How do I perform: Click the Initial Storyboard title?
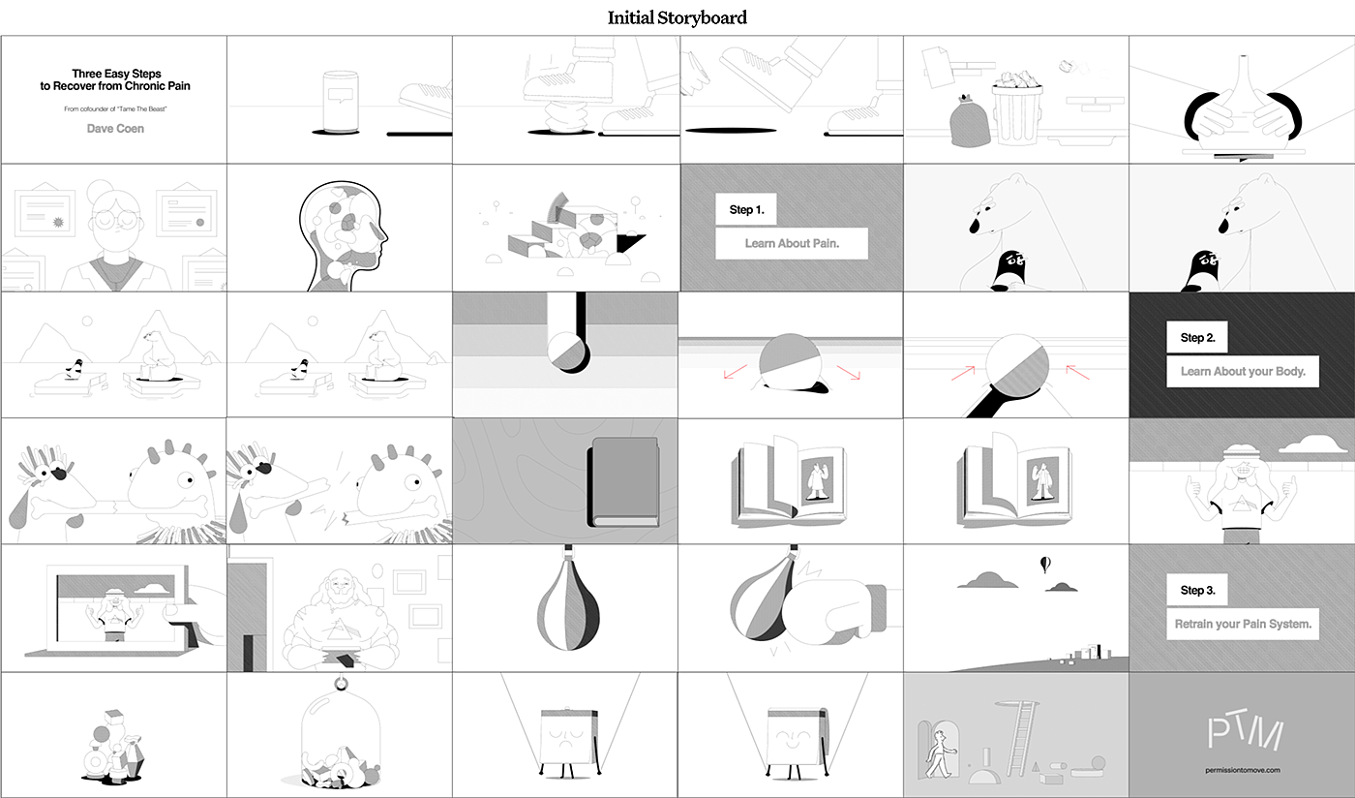click(677, 17)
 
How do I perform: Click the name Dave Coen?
click(115, 129)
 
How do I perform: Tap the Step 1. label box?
click(746, 209)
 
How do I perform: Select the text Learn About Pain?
click(792, 243)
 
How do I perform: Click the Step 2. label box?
click(1197, 337)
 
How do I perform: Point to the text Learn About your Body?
click(1243, 371)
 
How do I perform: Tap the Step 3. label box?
click(1197, 590)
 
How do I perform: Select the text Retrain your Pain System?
click(1243, 624)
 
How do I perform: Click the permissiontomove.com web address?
click(1242, 770)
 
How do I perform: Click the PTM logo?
click(1245, 732)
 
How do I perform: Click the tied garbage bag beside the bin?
click(970, 120)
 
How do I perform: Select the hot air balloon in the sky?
click(1044, 565)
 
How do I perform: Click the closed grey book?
click(623, 482)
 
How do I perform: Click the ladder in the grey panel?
click(1020, 737)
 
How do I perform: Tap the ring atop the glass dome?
click(341, 684)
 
